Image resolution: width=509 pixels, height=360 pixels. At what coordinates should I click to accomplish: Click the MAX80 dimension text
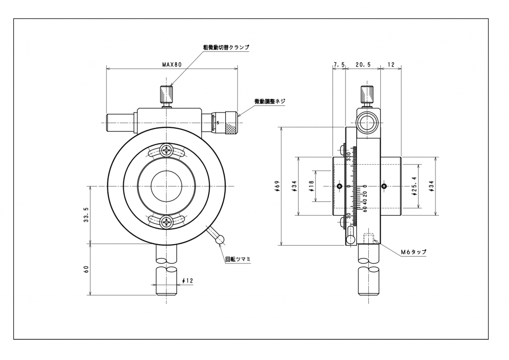(x=172, y=64)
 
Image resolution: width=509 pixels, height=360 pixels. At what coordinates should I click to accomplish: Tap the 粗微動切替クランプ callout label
(x=226, y=47)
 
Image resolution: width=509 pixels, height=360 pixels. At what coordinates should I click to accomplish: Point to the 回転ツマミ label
(x=239, y=259)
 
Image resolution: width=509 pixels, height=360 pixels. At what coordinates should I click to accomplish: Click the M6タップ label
(x=414, y=252)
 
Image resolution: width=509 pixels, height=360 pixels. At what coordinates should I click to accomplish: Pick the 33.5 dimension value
(x=86, y=215)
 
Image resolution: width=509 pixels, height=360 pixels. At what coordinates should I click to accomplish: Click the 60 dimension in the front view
(x=86, y=270)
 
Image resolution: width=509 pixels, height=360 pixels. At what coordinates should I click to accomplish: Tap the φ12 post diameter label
(x=188, y=281)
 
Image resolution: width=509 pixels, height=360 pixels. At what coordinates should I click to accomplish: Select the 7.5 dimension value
(x=339, y=65)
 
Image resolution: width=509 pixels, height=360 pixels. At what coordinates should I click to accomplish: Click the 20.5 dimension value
(x=363, y=65)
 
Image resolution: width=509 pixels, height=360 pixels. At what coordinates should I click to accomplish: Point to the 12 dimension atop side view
(x=391, y=65)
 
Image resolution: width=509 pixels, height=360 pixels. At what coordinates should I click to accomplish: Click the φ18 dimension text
(x=311, y=186)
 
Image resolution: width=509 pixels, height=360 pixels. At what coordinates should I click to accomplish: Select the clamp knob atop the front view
(x=166, y=93)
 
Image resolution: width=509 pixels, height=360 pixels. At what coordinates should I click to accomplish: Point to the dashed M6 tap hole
(x=368, y=238)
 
